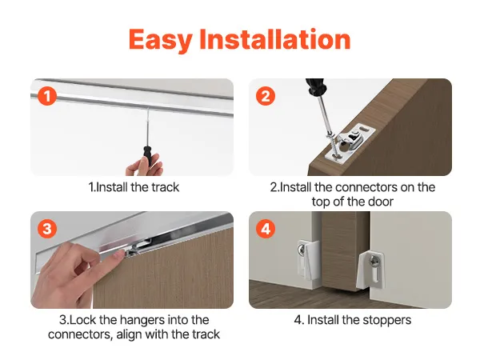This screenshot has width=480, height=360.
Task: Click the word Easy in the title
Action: pyautogui.click(x=161, y=40)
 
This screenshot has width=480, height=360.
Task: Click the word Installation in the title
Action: pyautogui.click(x=275, y=39)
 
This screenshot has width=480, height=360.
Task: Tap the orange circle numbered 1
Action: pyautogui.click(x=47, y=96)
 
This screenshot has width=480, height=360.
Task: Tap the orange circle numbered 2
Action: pyautogui.click(x=266, y=96)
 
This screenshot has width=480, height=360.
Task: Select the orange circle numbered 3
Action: pyautogui.click(x=47, y=229)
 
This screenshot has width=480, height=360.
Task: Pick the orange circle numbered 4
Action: pyautogui.click(x=266, y=229)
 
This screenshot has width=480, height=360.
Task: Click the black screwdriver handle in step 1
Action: pyautogui.click(x=147, y=157)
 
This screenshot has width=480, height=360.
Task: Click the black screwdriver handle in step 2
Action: pyautogui.click(x=316, y=87)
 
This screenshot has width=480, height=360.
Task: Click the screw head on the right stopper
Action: pyautogui.click(x=374, y=262)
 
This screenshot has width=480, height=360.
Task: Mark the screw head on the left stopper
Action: pyautogui.click(x=302, y=250)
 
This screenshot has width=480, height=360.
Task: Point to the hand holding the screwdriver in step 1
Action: pyautogui.click(x=145, y=166)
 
